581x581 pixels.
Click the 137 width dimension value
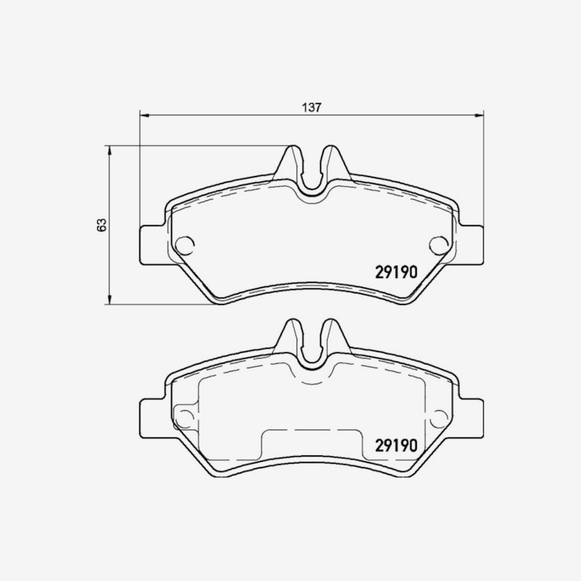pos(312,107)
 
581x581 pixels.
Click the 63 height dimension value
pos(101,225)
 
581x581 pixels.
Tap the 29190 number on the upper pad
pos(396,272)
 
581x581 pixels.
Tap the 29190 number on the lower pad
pos(396,445)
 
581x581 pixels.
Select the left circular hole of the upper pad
pos(185,245)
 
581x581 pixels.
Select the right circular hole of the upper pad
pos(439,245)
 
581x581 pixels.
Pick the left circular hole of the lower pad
pos(184,418)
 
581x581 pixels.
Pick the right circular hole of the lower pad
pos(439,418)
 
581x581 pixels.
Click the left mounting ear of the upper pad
pos(153,245)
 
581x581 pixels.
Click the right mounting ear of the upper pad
pos(471,245)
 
